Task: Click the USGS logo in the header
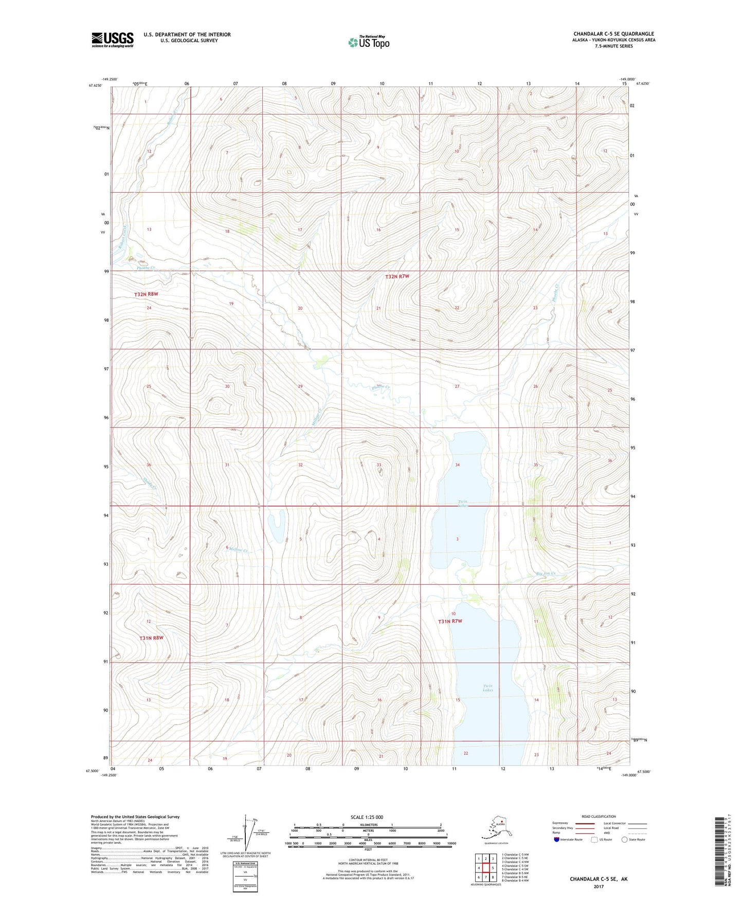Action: click(x=113, y=40)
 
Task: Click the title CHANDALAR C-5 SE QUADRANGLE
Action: click(x=613, y=34)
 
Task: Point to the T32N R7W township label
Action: click(x=397, y=277)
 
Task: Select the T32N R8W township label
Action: click(x=146, y=294)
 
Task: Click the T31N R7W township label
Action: click(x=450, y=621)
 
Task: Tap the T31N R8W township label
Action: click(x=151, y=638)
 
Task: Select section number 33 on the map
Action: click(x=379, y=465)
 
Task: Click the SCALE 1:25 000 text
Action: click(x=366, y=817)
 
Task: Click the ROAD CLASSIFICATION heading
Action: click(x=598, y=816)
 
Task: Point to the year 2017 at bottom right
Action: click(x=598, y=886)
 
